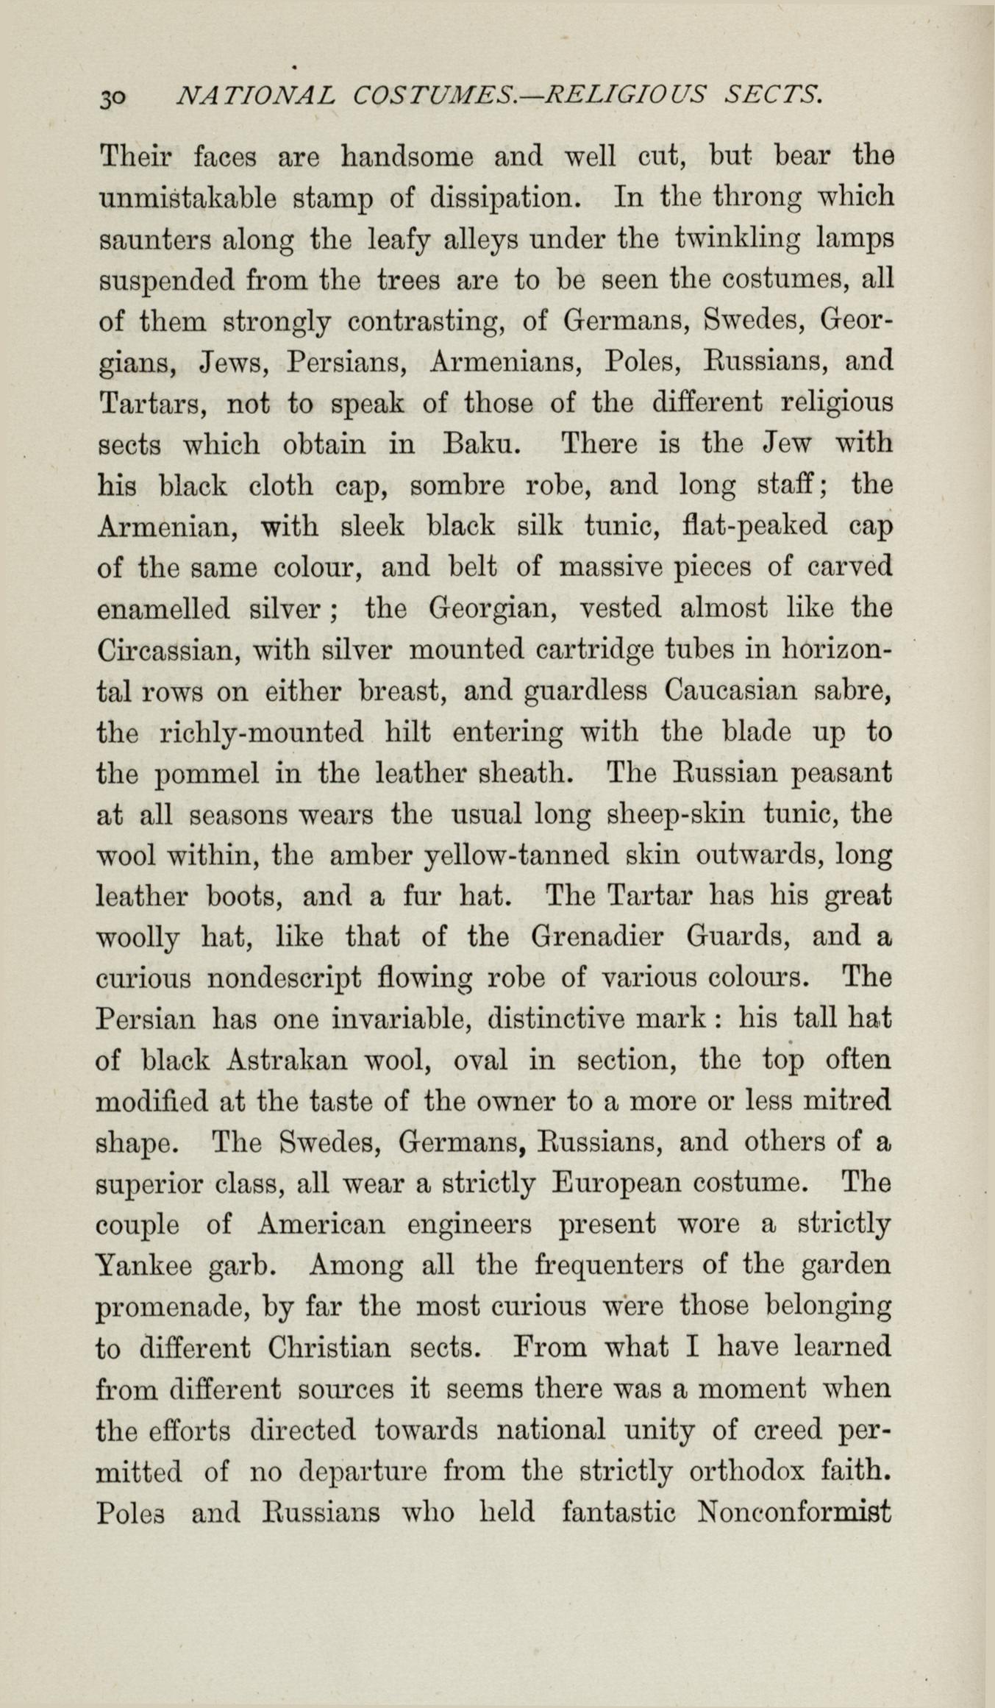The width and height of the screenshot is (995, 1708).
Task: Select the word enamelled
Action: pos(163,609)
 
